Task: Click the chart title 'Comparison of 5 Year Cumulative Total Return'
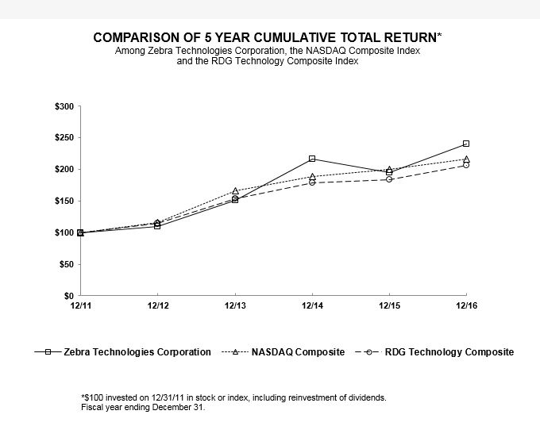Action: pos(269,37)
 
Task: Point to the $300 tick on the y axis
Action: pos(65,107)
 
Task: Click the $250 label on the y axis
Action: pos(65,138)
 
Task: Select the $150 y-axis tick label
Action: pos(65,201)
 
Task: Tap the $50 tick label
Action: pos(67,264)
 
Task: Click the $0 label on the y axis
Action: pos(69,295)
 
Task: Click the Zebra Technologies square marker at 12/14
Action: pos(312,159)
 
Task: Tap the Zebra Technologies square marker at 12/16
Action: pos(466,144)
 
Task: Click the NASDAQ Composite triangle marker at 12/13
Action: pos(235,190)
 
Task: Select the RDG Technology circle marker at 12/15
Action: pos(389,179)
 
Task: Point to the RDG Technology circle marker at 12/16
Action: pos(466,165)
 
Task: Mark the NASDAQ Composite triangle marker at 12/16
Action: pos(466,159)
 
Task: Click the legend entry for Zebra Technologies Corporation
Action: pos(123,351)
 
